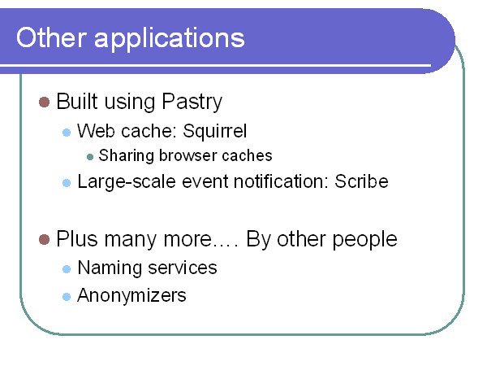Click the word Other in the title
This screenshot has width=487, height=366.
[x=51, y=37]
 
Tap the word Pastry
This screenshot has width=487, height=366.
[x=192, y=102]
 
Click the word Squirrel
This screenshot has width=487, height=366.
[x=214, y=132]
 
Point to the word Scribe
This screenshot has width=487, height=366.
[x=361, y=181]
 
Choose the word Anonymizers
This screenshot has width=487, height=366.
[x=131, y=295]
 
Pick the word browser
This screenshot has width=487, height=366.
[x=187, y=155]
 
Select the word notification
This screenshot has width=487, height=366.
[x=279, y=181]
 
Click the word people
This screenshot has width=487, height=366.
[x=364, y=241]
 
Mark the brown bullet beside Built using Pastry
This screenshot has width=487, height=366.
[x=44, y=102]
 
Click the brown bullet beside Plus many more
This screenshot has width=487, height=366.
[x=44, y=240]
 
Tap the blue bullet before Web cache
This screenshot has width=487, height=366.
[x=67, y=133]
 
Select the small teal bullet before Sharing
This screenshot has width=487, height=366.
[x=90, y=157]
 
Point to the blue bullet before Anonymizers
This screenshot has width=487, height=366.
[x=67, y=297]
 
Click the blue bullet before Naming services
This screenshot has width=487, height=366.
[x=67, y=269]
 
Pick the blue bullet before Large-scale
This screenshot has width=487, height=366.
[x=67, y=183]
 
